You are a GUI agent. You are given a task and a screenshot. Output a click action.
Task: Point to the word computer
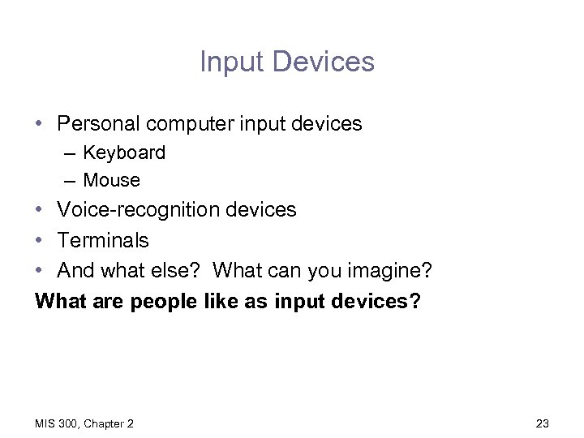pos(187,124)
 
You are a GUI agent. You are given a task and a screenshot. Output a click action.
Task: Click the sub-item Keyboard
pos(124,152)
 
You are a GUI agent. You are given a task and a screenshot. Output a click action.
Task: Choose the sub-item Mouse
pos(112,180)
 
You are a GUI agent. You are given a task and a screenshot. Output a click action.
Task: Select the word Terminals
pos(103,240)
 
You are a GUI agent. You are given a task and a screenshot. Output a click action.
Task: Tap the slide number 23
pos(543,423)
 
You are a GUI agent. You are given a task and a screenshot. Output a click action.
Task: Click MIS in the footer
pos(45,423)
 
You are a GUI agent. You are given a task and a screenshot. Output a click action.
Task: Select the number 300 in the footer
pos(70,423)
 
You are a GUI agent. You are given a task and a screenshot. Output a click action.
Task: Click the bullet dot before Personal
pos(40,124)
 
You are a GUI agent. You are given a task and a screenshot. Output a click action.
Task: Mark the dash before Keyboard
pos(71,153)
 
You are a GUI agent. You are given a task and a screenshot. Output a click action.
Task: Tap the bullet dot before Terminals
pos(40,241)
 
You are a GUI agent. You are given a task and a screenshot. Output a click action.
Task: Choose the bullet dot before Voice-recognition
pos(40,210)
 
